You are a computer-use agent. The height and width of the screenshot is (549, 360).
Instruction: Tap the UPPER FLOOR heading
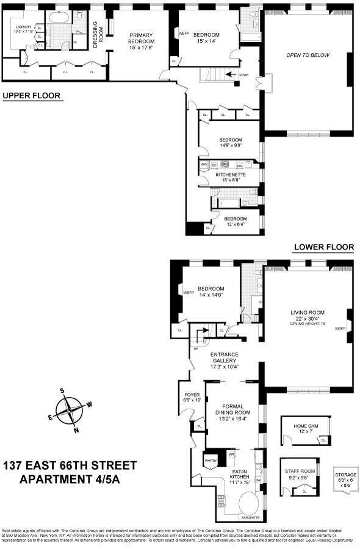[33, 96]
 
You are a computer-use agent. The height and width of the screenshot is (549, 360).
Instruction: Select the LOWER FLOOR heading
[323, 247]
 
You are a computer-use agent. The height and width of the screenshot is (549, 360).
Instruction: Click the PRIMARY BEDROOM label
[141, 38]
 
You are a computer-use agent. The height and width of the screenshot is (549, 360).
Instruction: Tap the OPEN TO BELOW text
[308, 55]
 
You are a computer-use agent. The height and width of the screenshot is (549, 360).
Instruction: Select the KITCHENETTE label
[230, 174]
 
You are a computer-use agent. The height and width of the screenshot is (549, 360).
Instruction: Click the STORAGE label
[345, 475]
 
